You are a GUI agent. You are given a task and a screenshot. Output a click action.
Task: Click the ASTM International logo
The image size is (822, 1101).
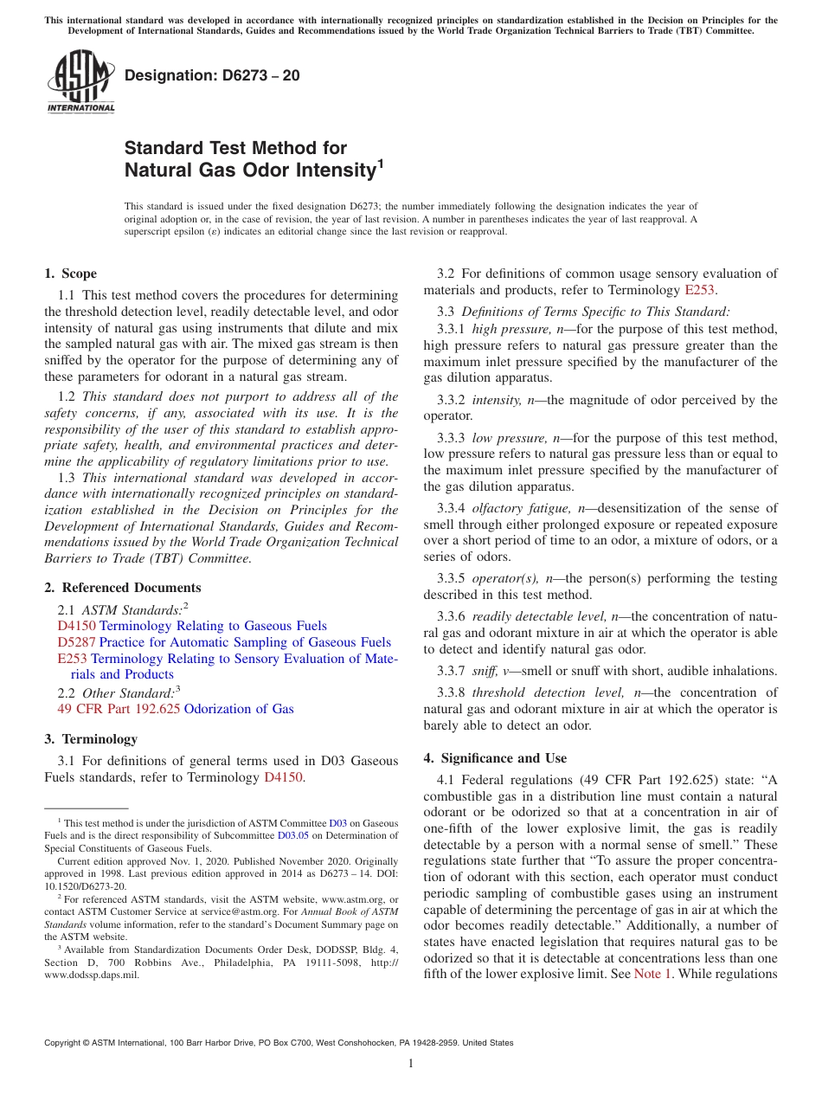pyautogui.click(x=80, y=83)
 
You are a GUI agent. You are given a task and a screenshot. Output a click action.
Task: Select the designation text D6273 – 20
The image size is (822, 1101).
pyautogui.click(x=212, y=75)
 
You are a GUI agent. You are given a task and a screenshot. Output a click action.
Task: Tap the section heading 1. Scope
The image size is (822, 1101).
pyautogui.click(x=70, y=274)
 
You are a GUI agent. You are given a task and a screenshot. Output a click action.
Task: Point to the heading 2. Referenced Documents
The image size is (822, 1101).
pyautogui.click(x=122, y=588)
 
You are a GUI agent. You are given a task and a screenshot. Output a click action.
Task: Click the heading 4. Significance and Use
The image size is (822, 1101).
pyautogui.click(x=495, y=758)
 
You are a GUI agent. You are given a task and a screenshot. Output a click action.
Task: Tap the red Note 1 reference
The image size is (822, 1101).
pyautogui.click(x=652, y=974)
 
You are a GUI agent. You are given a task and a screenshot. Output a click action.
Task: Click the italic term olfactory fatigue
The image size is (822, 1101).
pyautogui.click(x=517, y=508)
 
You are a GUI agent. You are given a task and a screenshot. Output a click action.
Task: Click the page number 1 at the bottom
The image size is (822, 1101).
pyautogui.click(x=411, y=1063)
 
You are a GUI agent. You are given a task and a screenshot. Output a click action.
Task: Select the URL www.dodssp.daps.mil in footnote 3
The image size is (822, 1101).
pyautogui.click(x=90, y=974)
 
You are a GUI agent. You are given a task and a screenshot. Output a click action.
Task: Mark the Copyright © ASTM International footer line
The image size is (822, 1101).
pyautogui.click(x=278, y=1043)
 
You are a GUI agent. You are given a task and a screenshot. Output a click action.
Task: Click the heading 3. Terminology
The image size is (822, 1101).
pyautogui.click(x=90, y=739)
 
